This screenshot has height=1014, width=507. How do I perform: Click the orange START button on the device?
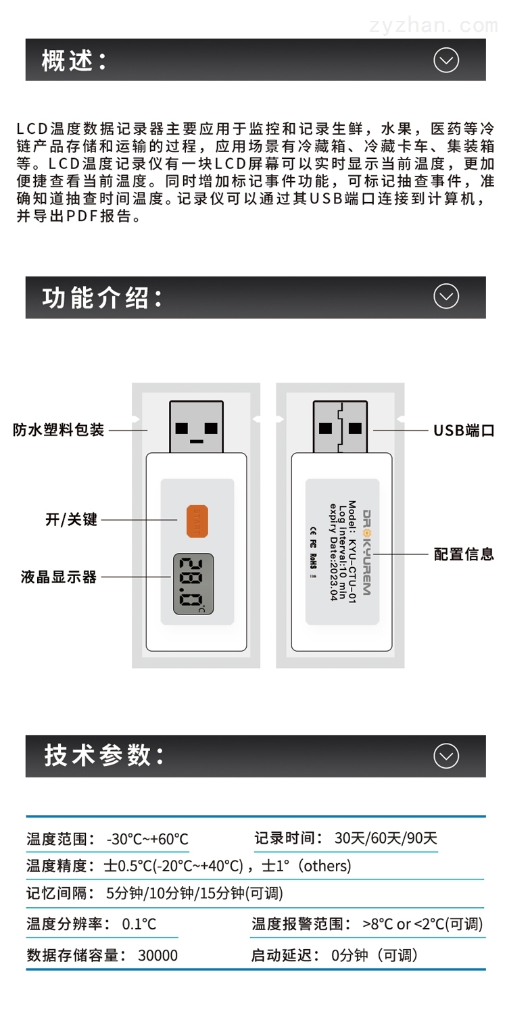(197, 521)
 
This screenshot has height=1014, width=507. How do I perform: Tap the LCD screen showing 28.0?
(193, 584)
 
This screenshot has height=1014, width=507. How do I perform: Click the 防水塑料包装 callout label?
(58, 429)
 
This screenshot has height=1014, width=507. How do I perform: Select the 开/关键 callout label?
(71, 519)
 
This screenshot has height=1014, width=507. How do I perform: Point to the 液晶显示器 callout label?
(58, 577)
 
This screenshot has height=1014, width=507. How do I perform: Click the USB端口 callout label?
(464, 430)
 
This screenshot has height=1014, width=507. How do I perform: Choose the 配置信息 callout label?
(464, 554)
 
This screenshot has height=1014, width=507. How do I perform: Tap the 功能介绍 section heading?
(102, 298)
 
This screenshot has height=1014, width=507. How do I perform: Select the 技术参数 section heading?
(103, 756)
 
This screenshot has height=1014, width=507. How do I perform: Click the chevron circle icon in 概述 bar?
(446, 59)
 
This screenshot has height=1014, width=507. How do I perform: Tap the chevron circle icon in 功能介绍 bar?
(446, 296)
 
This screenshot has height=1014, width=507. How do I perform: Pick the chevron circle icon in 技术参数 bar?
(446, 756)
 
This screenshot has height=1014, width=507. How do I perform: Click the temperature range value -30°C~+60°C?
(147, 840)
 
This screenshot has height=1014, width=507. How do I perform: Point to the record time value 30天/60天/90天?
(386, 838)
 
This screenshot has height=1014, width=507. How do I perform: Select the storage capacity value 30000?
(158, 955)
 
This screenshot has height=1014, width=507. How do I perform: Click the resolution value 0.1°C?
(139, 924)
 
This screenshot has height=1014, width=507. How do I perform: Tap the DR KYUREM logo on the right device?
(366, 553)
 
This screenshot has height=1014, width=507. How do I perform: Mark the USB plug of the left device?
(197, 427)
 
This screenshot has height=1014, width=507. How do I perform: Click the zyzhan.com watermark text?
(434, 26)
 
